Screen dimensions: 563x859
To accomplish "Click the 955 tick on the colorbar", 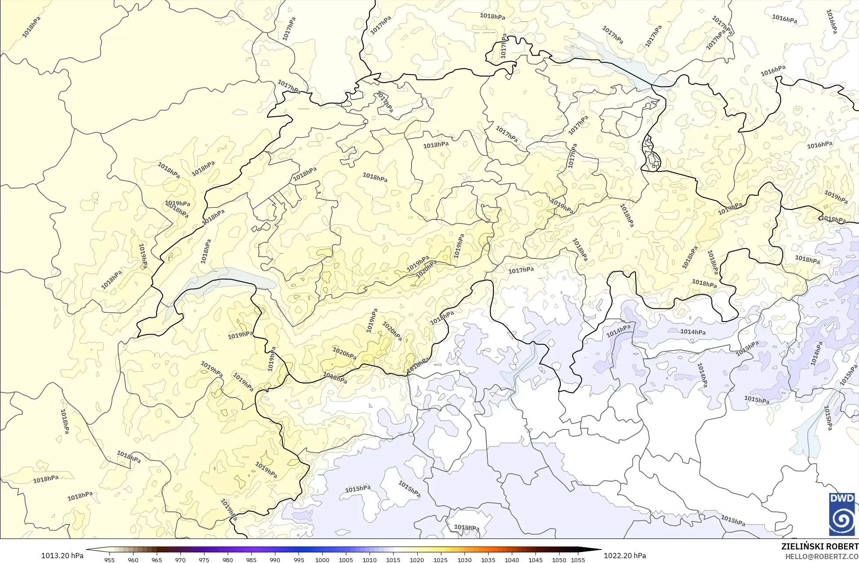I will [x=109, y=560].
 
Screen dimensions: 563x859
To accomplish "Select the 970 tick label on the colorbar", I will [x=180, y=560].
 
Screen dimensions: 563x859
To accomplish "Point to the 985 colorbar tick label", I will [x=251, y=560].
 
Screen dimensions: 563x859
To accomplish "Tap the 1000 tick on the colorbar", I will [x=322, y=560].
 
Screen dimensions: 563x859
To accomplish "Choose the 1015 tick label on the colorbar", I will [x=393, y=560].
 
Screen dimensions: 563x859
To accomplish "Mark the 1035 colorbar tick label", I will [x=488, y=560].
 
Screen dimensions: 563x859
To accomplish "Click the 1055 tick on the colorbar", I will [x=578, y=560].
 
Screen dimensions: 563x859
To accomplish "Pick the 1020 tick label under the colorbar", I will [x=417, y=560].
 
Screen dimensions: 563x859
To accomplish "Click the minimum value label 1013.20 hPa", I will [x=62, y=556].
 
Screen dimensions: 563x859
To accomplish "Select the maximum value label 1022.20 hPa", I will [x=625, y=556].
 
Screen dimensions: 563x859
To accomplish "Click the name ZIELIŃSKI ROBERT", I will [x=820, y=547].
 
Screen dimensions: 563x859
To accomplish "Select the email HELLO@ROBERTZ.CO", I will [x=821, y=556].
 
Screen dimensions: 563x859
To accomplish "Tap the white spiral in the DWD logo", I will [x=841, y=520].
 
